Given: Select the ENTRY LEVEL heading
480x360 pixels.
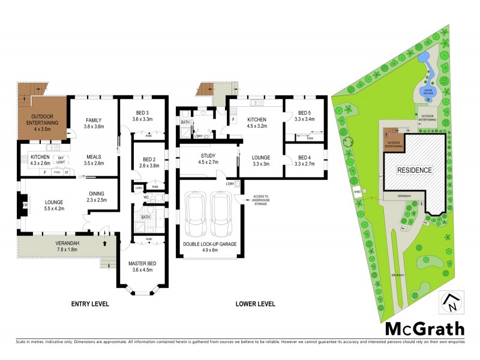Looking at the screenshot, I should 90,304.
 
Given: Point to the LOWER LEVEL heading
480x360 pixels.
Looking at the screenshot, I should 256,304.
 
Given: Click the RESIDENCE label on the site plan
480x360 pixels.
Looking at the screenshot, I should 414,170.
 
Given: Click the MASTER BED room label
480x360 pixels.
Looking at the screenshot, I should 143,266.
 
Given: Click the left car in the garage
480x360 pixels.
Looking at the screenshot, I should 196,215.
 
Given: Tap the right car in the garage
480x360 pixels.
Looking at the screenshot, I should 221,215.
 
